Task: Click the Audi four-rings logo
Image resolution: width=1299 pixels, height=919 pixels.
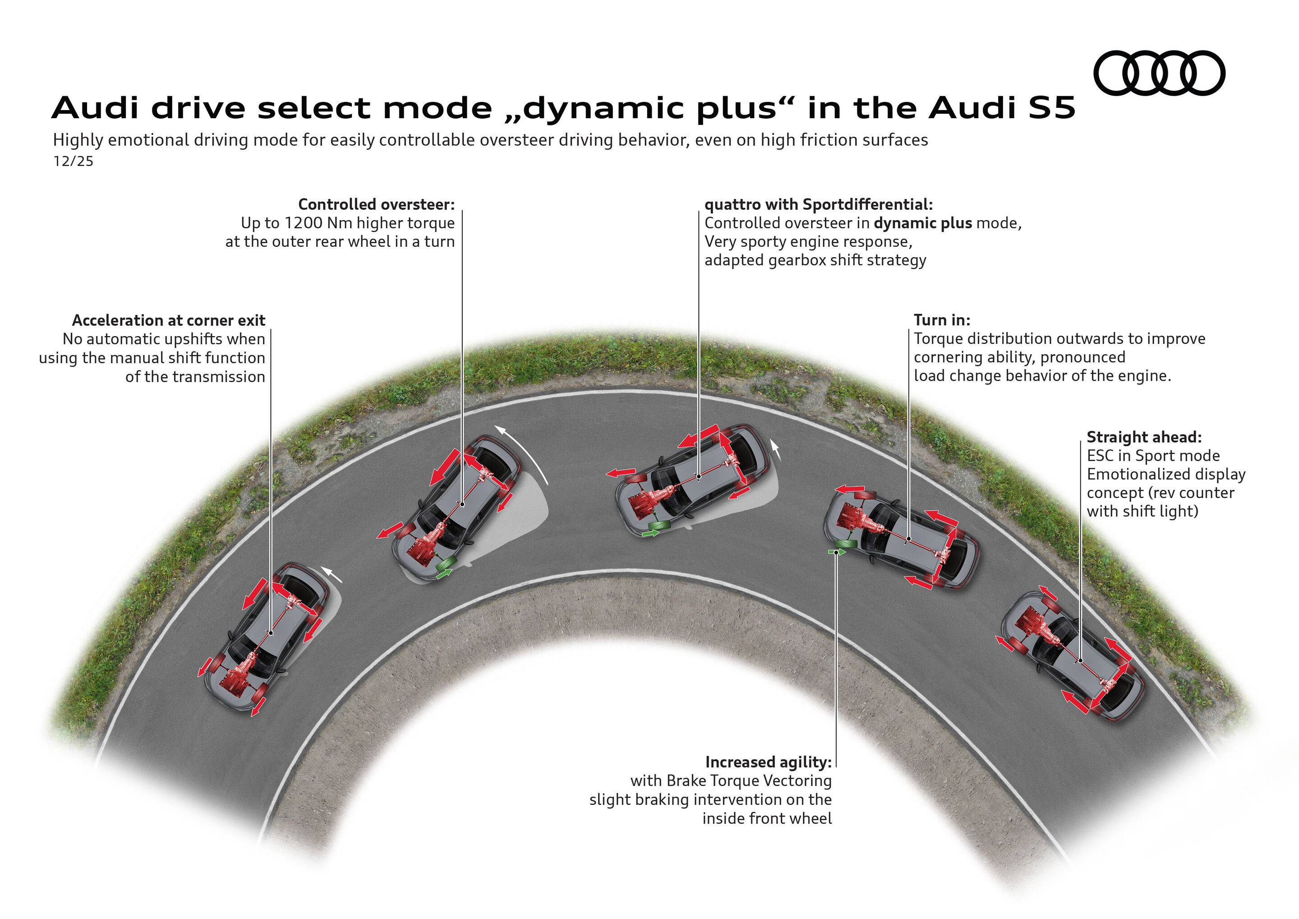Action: (x=1159, y=73)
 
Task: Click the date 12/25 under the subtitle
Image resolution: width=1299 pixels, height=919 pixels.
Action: (x=73, y=161)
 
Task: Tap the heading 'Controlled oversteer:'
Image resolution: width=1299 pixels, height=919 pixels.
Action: (x=376, y=204)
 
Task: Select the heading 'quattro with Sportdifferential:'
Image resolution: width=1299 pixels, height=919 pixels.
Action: (x=818, y=204)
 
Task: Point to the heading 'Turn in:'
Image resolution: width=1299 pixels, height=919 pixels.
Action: (x=941, y=320)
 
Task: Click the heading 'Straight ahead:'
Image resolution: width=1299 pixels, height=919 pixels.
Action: (x=1144, y=437)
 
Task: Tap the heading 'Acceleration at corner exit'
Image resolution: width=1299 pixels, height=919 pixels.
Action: (x=169, y=320)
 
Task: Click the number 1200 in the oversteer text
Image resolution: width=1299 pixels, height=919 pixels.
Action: (x=305, y=223)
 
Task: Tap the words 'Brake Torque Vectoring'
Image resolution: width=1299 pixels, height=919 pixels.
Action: (x=749, y=780)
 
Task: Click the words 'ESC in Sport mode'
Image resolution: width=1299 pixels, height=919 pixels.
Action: (x=1153, y=456)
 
